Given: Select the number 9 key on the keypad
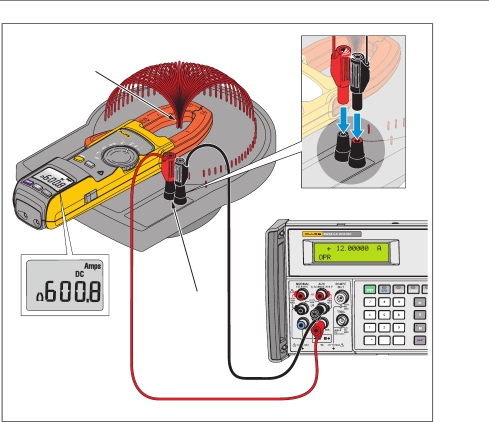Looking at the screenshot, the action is (398, 302).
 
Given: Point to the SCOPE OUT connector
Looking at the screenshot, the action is (344, 299).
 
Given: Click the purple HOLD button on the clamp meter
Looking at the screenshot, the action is (28, 182).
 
